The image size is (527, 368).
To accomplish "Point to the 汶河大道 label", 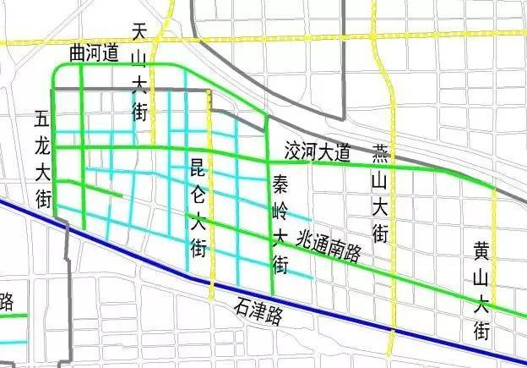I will click(x=318, y=153).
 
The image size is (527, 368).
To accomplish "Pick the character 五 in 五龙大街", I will click(x=42, y=119).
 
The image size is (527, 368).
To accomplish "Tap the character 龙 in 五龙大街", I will click(x=42, y=146).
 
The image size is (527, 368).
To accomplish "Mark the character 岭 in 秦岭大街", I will click(x=280, y=211).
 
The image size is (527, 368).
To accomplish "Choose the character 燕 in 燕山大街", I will click(x=381, y=153).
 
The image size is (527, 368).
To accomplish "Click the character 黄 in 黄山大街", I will click(x=481, y=250).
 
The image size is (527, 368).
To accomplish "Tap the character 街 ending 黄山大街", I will click(x=481, y=329).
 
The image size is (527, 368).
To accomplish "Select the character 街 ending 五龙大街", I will click(x=42, y=199).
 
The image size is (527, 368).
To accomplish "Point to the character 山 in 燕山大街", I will click(x=381, y=179).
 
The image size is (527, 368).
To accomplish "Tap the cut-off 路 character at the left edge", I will click(x=7, y=301).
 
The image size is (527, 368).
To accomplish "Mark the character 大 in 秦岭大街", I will click(x=280, y=238).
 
